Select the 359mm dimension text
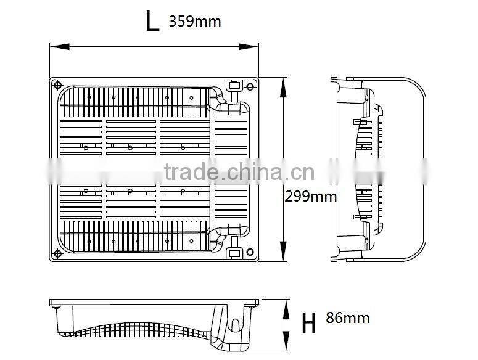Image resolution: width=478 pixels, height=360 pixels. (x=194, y=22)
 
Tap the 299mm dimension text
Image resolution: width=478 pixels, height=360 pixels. (x=311, y=196)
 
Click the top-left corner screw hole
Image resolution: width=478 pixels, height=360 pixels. (x=57, y=85)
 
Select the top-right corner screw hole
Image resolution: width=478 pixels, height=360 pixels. (x=249, y=85)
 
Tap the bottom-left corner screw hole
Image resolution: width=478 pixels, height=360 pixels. (x=57, y=253)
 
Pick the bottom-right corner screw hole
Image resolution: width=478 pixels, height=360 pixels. (x=249, y=253)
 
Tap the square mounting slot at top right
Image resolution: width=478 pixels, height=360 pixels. (x=234, y=86)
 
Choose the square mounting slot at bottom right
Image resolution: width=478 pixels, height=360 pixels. (x=234, y=253)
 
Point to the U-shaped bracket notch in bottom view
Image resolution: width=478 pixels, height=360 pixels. (x=234, y=325)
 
